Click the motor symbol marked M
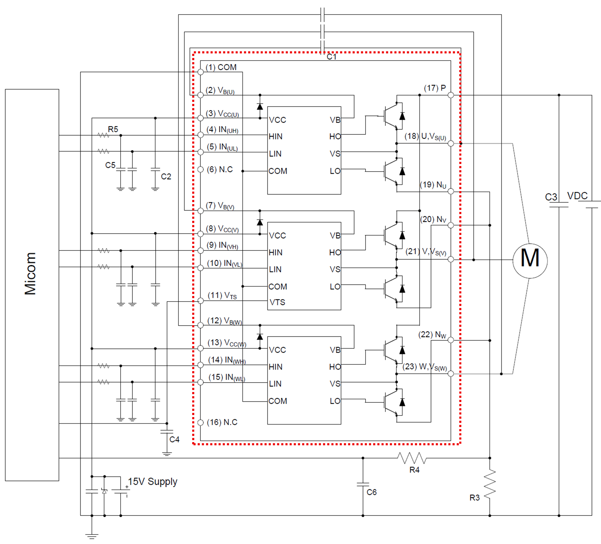[x=530, y=261]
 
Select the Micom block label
[x=30, y=273]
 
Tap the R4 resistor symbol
[x=412, y=458]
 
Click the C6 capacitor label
[x=372, y=492]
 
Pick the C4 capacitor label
[x=174, y=439]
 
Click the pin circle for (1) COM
[x=201, y=72]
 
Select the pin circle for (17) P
[x=451, y=95]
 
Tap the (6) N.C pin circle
[x=201, y=169]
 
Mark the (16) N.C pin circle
[x=201, y=422]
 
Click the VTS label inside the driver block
[x=277, y=302]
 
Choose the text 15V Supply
[x=152, y=481]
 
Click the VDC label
[x=577, y=196]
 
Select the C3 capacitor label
[x=551, y=197]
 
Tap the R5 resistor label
[x=113, y=129]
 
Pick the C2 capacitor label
[x=166, y=177]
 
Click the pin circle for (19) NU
[x=451, y=191]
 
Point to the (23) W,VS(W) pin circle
[x=451, y=374]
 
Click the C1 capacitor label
[x=331, y=57]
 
